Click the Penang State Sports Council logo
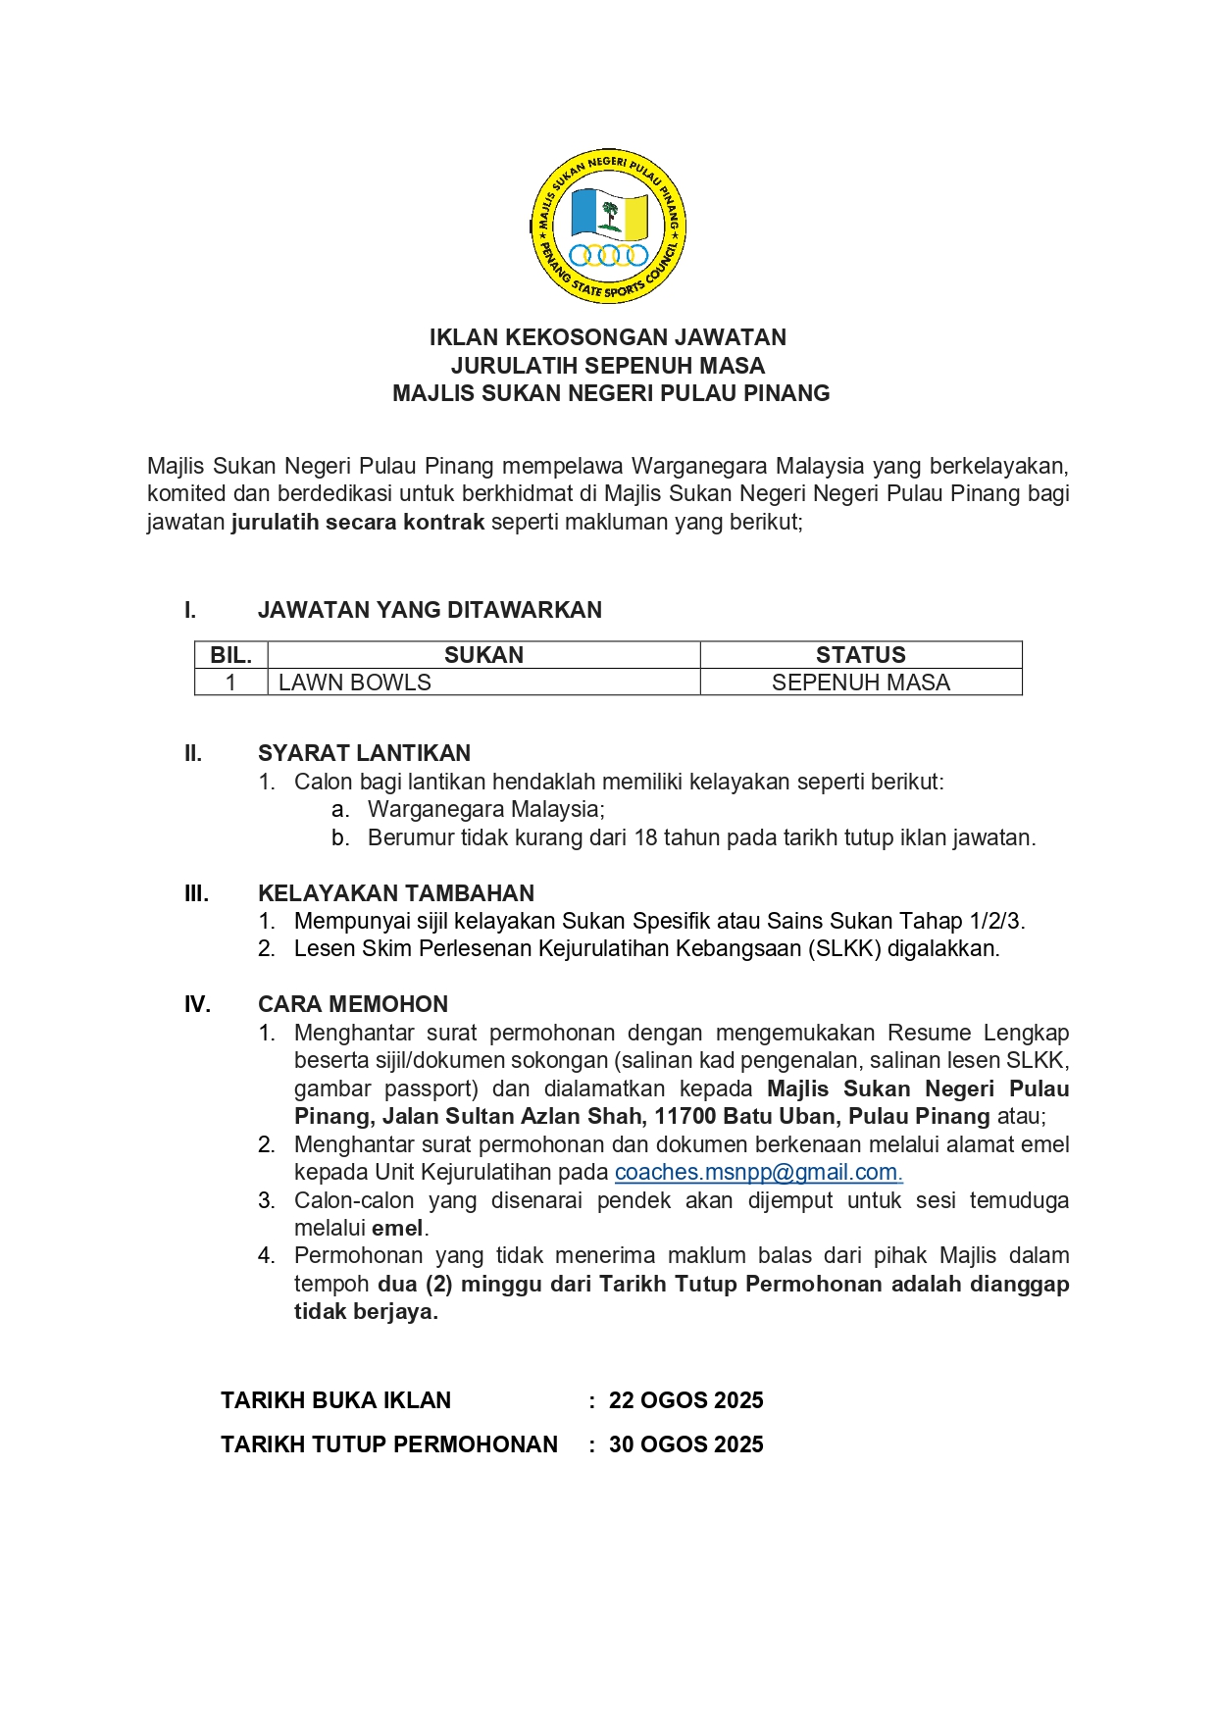608,227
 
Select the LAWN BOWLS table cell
355,683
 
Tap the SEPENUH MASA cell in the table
860,683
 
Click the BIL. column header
231,655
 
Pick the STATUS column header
860,655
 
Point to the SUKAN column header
483,655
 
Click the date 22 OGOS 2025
685,1400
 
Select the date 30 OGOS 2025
685,1444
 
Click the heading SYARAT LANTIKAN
364,753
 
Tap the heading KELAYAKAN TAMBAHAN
396,893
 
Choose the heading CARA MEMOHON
353,1004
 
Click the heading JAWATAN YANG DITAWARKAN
430,610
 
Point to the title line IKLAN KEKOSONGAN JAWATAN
608,337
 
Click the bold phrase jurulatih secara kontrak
358,522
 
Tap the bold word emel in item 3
397,1228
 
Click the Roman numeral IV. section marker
198,1004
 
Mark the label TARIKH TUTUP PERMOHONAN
389,1444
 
